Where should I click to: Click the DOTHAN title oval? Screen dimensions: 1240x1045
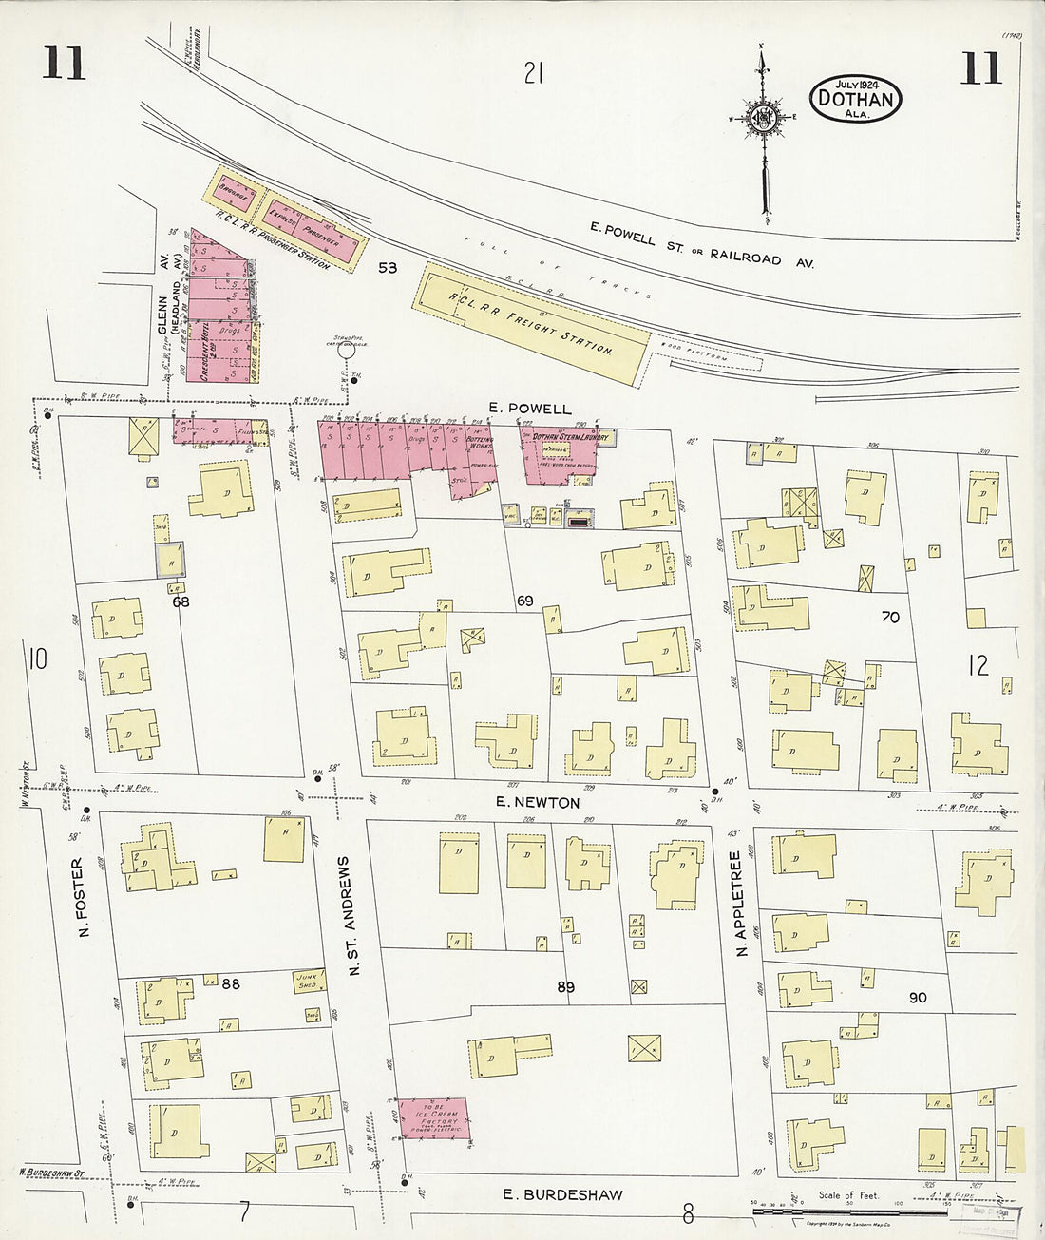[855, 98]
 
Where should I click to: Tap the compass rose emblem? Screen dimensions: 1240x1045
[762, 119]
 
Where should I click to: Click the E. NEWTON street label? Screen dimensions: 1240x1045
[538, 802]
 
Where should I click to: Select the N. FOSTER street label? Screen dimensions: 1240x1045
[79, 897]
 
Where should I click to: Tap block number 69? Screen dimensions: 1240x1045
[524, 601]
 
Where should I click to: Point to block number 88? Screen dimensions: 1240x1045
[231, 983]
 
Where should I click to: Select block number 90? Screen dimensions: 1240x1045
[917, 998]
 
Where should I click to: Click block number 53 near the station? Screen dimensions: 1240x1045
[388, 267]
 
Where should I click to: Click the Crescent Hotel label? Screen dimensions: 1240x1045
[204, 350]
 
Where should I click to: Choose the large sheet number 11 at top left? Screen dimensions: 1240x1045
[64, 65]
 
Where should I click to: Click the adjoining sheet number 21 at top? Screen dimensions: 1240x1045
[533, 71]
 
